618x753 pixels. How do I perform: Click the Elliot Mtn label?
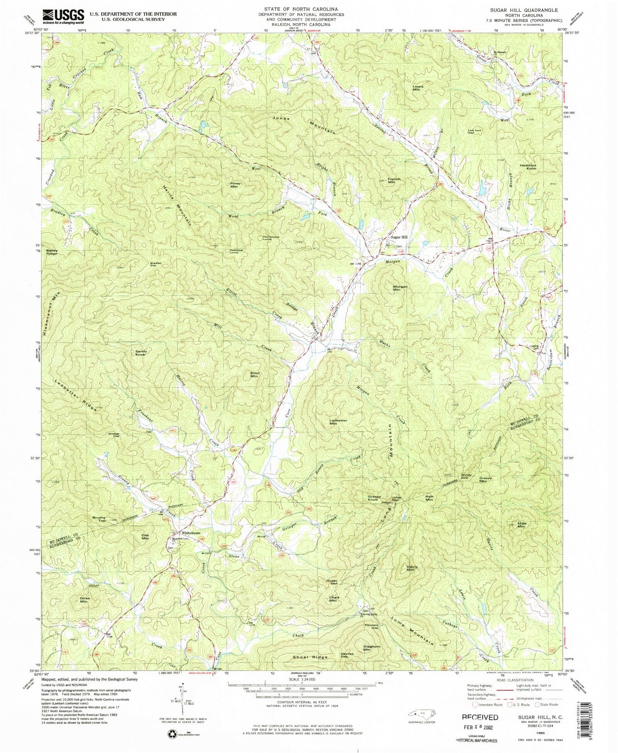(x=255, y=375)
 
